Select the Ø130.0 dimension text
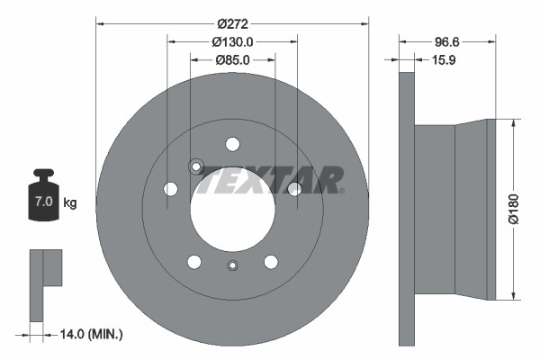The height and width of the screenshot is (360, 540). pos(232,41)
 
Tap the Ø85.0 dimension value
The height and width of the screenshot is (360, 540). pos(232,60)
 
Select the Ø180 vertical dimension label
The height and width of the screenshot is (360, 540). pos(515,209)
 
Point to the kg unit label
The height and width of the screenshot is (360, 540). pos(70,203)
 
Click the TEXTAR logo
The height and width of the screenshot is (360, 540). pos(270,180)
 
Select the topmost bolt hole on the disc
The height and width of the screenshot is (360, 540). pos(233,144)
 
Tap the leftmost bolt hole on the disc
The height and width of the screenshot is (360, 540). pos(170,189)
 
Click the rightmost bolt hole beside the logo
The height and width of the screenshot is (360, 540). pos(294,188)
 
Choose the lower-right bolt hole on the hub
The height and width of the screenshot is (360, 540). pos(271,261)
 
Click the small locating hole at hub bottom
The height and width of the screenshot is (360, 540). pos(233,265)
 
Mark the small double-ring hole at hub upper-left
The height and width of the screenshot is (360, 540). pos(194,166)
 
